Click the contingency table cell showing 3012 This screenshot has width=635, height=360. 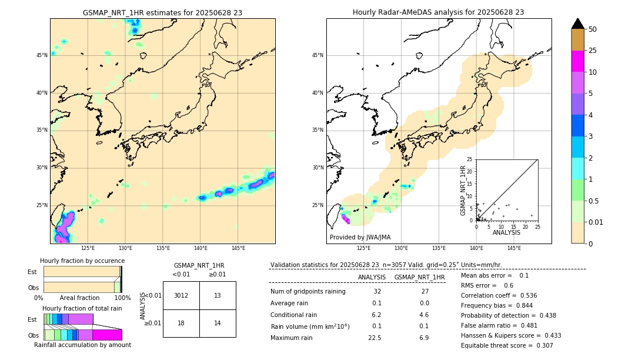click(181, 295)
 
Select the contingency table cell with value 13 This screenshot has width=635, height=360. click(218, 295)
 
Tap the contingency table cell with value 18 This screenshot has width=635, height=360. click(181, 323)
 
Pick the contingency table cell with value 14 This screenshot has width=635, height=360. click(218, 323)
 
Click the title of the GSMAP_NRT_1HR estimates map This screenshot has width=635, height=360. click(162, 12)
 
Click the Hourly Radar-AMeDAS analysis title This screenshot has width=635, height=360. click(439, 12)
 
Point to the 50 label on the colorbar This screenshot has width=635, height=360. click(593, 29)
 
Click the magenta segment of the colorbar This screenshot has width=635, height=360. click(578, 61)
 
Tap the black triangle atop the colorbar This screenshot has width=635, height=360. click(578, 24)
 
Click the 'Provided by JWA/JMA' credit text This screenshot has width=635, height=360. click(360, 237)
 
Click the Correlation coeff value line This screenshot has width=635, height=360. click(499, 295)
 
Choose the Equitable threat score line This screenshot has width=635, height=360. click(507, 345)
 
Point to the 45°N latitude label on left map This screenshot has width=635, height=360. click(42, 55)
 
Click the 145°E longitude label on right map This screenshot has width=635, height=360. click(514, 248)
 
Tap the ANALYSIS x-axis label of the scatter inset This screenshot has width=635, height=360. click(506, 232)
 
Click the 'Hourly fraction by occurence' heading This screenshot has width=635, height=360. click(82, 261)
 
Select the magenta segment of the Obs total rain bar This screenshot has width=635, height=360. click(107, 335)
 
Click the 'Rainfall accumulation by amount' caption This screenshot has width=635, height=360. click(82, 345)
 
